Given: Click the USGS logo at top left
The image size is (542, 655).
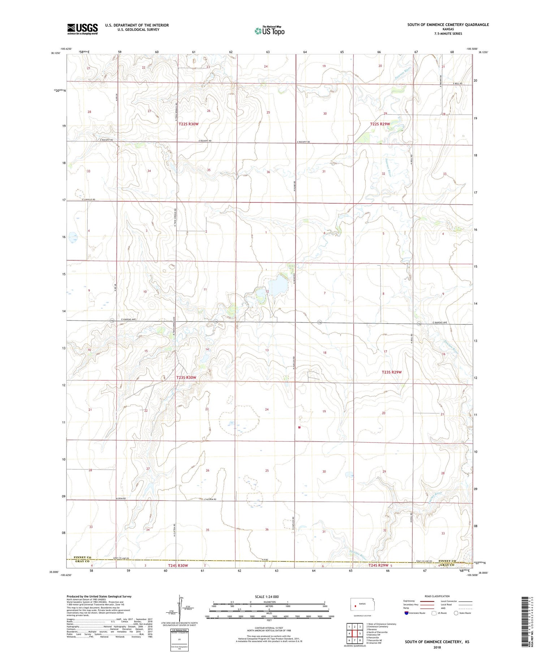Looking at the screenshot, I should (82, 29).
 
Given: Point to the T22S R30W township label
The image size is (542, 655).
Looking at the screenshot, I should (189, 124).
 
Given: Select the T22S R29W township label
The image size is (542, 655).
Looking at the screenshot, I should (380, 124).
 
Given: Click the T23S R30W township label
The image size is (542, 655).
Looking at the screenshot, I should (186, 378).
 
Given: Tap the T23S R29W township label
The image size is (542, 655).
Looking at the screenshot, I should (392, 372).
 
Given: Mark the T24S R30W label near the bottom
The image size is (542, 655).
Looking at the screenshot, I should (178, 565).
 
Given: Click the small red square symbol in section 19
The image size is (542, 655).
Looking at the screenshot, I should (300, 427).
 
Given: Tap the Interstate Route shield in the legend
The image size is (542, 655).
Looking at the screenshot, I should (406, 613).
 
